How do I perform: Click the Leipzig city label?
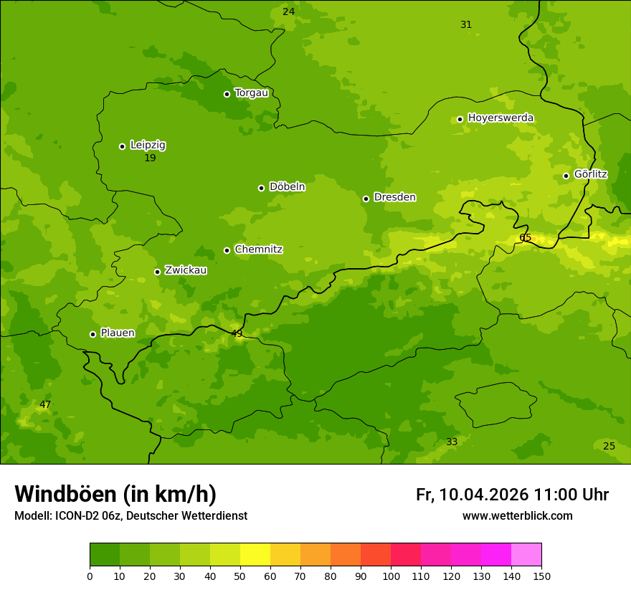(148, 145)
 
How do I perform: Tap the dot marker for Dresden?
(366, 199)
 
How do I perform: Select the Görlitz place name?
(590, 174)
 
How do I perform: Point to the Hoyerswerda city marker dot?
(460, 119)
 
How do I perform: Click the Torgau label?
(251, 92)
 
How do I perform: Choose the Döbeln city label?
(287, 186)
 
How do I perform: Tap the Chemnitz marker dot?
(227, 250)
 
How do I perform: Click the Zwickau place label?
(186, 270)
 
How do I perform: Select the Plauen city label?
(118, 333)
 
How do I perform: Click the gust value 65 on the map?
(526, 237)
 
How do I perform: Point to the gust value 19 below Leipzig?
(150, 158)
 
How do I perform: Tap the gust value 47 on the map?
(45, 404)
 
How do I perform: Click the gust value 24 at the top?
(288, 11)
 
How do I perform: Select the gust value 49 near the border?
(237, 333)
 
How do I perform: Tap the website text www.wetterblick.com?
(517, 515)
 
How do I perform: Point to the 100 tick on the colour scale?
(391, 576)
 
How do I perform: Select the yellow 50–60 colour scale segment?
(255, 555)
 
